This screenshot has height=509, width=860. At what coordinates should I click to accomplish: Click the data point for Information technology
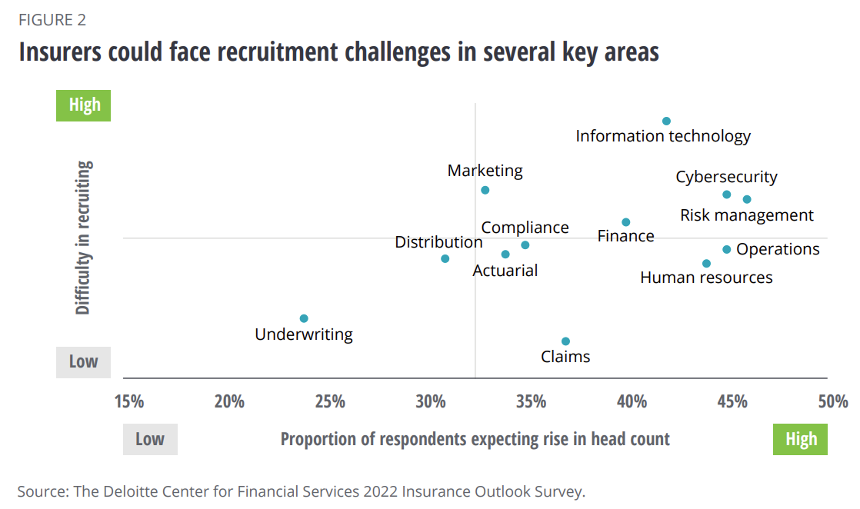[x=666, y=121]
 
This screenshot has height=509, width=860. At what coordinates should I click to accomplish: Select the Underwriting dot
[x=304, y=318]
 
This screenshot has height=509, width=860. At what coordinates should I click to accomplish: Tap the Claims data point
[x=565, y=341]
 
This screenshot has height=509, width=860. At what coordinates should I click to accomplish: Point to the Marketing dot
[x=485, y=190]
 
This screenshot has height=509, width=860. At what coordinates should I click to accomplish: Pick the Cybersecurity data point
[x=726, y=195]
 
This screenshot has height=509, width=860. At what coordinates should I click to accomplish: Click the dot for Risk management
[x=746, y=199]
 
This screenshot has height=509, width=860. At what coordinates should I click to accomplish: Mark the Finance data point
[x=625, y=222]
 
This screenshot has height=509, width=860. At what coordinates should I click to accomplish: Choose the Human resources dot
[x=706, y=263]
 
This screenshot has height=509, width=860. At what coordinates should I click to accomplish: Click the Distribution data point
[x=445, y=258]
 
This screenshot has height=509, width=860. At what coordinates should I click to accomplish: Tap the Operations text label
[x=778, y=249]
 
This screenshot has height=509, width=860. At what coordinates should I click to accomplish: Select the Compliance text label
[x=525, y=228]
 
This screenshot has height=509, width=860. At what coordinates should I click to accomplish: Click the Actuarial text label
[x=505, y=271]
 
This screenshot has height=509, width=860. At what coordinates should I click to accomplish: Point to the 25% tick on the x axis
[x=330, y=401]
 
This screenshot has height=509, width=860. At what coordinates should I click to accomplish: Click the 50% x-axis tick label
[x=833, y=401]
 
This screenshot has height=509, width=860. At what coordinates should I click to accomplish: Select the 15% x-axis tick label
[x=128, y=401]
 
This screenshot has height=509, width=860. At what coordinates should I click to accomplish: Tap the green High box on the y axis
[x=84, y=105]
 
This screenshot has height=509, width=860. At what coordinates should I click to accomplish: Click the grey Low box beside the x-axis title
[x=150, y=439]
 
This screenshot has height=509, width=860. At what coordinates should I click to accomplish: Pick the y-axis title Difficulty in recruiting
[x=84, y=238]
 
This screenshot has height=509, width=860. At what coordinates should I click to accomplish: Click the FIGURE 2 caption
[x=52, y=20]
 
